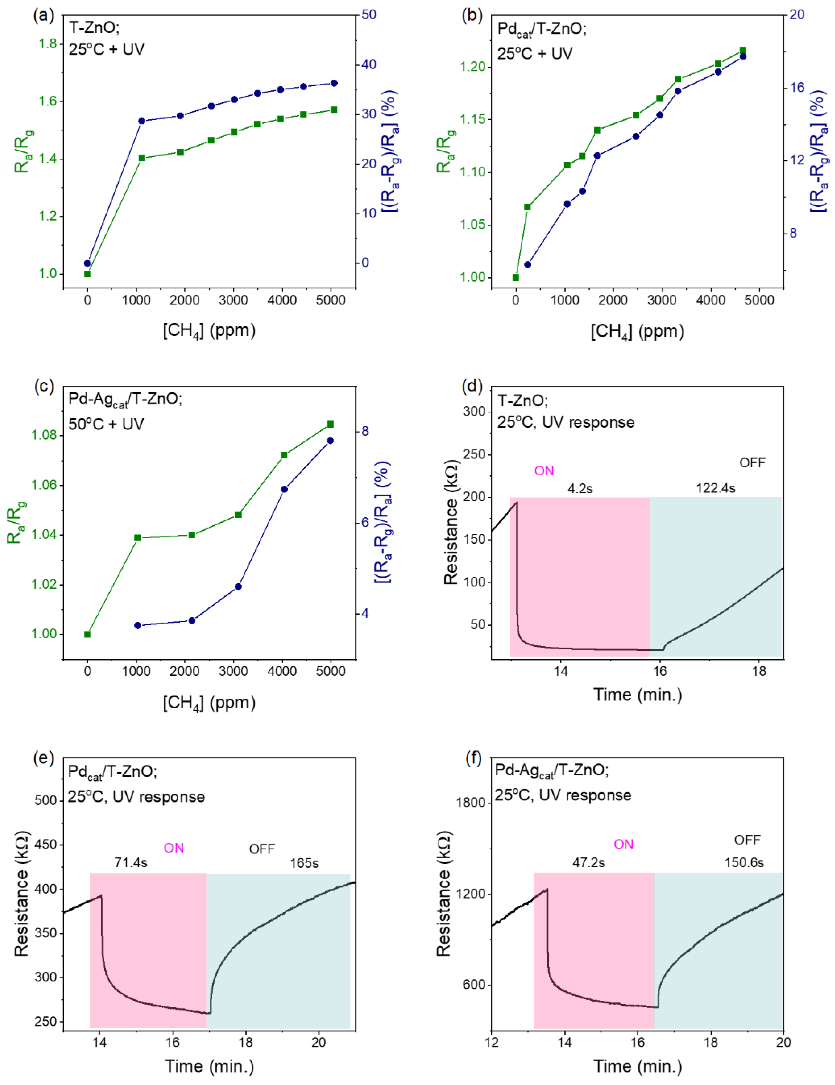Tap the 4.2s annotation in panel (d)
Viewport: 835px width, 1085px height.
[x=580, y=488]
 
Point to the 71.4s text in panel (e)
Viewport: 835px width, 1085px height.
[x=131, y=862]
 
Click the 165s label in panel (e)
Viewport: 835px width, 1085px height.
[x=304, y=863]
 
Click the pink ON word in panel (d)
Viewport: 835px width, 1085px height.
[x=544, y=471]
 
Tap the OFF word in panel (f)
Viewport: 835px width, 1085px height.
[x=747, y=840]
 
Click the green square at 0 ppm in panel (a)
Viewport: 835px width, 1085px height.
[x=87, y=274]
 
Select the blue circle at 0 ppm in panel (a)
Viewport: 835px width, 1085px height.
[x=87, y=263]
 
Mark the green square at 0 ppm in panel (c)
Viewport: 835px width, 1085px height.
[x=87, y=634]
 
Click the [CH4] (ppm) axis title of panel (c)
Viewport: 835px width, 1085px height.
[x=209, y=702]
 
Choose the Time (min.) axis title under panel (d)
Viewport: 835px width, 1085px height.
[x=637, y=694]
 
